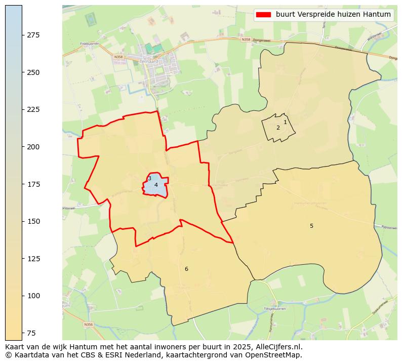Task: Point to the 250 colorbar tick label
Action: point(33,72)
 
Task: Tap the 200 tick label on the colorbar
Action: point(33,147)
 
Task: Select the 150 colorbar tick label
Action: point(33,221)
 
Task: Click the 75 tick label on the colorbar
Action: point(31,333)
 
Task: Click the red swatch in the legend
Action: point(264,15)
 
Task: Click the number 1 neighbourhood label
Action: point(285,122)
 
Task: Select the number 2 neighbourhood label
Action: point(278,128)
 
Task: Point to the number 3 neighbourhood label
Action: point(149,178)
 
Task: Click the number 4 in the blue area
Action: point(156,185)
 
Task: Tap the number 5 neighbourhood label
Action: point(311,226)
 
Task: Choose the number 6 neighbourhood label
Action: point(186,269)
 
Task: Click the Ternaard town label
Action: point(148,61)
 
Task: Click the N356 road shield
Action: point(88,324)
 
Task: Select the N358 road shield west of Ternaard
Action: point(118,57)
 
